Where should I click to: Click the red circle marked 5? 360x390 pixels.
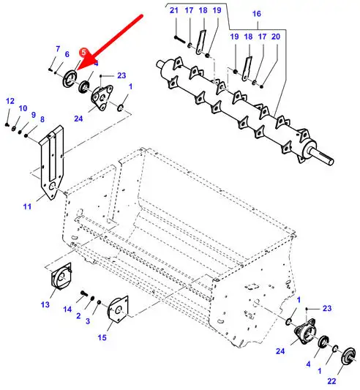click(x=83, y=52)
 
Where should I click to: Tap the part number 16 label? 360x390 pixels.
click(x=257, y=14)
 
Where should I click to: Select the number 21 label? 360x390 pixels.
click(x=174, y=10)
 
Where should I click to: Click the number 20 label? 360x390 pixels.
click(x=276, y=37)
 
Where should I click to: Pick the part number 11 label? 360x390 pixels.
click(x=27, y=206)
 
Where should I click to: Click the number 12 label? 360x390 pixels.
click(x=10, y=101)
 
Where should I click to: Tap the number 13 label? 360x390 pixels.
click(x=45, y=304)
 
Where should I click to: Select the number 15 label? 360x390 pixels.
click(x=102, y=337)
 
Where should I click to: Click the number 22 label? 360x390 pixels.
click(x=331, y=381)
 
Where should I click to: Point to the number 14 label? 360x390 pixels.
click(x=67, y=310)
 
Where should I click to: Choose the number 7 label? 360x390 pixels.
click(x=58, y=49)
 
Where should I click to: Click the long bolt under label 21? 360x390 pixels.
click(x=181, y=40)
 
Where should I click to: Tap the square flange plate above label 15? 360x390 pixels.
click(x=118, y=310)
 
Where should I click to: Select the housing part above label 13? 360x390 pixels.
click(x=61, y=277)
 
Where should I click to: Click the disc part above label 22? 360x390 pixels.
click(x=348, y=356)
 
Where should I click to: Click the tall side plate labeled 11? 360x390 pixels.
click(x=52, y=162)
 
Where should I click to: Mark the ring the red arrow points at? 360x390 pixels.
click(x=70, y=79)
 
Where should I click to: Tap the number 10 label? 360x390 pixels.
click(x=23, y=108)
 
